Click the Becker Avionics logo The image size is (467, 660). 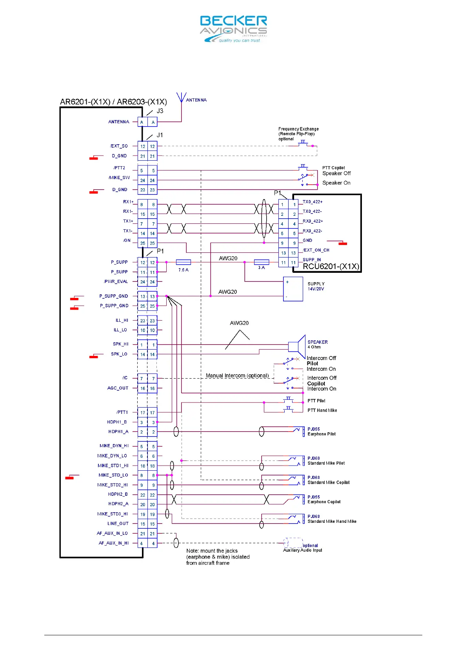233,29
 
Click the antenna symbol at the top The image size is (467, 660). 181,98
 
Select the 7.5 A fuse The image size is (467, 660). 184,262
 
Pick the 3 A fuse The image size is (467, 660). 262,262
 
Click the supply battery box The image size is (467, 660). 293,289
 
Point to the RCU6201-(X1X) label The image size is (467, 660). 331,267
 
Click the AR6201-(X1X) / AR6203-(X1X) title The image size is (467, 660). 113,102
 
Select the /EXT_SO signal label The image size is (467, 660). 119,146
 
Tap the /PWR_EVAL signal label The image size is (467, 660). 116,281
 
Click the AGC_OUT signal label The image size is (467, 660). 118,388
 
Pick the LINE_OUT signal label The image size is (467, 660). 118,524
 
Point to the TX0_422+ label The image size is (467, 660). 313,202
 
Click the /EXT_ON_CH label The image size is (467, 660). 316,250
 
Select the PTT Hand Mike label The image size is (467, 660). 322,410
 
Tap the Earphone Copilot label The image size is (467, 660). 324,502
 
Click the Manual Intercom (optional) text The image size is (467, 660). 237,376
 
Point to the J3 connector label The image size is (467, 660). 160,111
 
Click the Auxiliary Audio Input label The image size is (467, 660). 302,550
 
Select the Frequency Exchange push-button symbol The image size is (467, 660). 303,143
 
